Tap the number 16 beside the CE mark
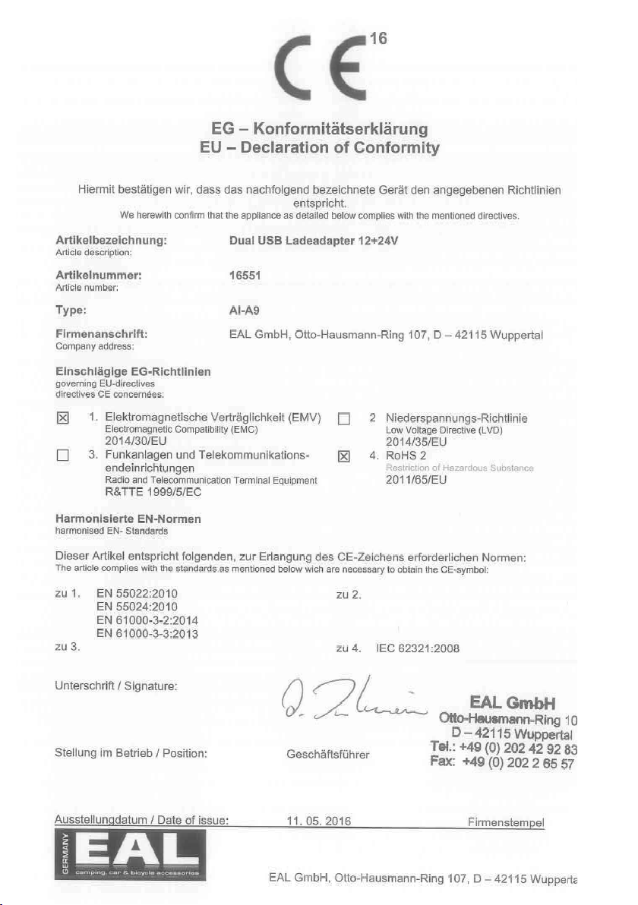pos(378,39)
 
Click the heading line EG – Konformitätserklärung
pos(319,129)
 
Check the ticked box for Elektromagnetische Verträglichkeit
pos(64,418)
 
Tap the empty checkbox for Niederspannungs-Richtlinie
pos(344,418)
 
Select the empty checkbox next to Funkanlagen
pos(64,456)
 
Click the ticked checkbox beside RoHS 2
pos(344,456)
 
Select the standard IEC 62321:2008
pos(418,648)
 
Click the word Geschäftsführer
pos(327,755)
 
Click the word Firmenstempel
pos(507,821)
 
